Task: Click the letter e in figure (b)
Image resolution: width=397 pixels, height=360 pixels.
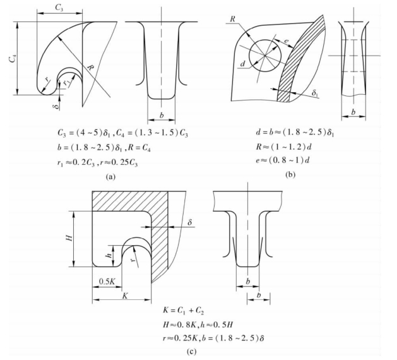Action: click(x=285, y=40)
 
